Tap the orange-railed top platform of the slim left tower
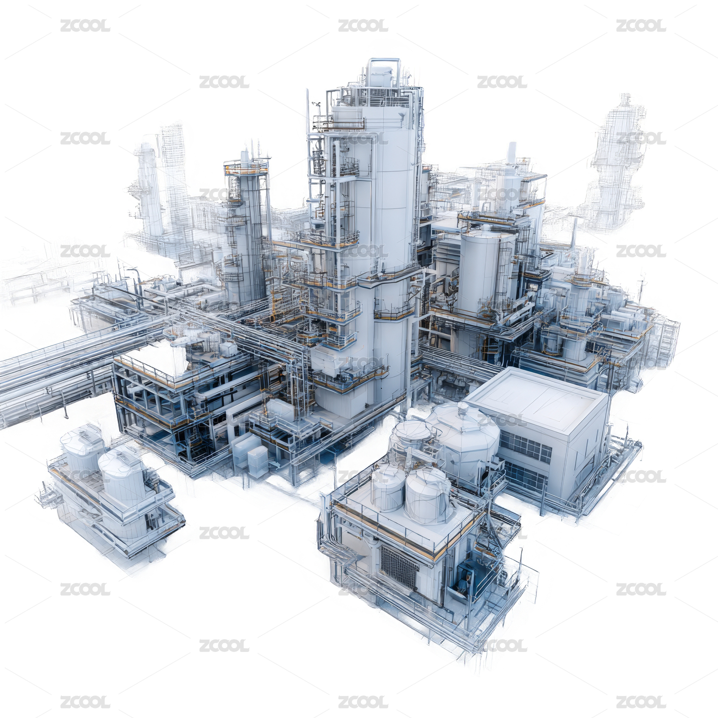[x=247, y=167]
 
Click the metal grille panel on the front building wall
[x=399, y=567]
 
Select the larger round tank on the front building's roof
[x=428, y=495]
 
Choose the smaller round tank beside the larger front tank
[x=388, y=488]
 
